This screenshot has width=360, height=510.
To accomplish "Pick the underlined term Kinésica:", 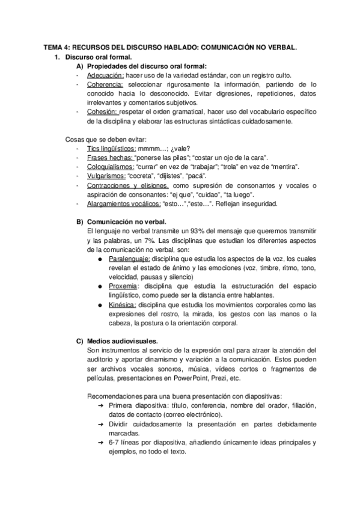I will [123, 305].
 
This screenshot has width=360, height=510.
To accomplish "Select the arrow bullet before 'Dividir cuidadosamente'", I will [101, 425].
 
